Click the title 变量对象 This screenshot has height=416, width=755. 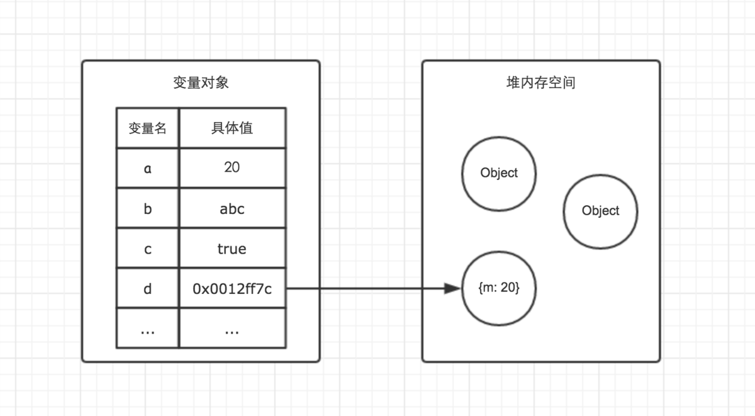(x=201, y=83)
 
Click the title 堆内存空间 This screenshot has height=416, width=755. (x=540, y=83)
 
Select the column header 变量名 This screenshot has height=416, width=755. (x=148, y=128)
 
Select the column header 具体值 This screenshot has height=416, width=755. (x=232, y=128)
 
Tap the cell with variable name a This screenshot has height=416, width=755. (x=148, y=168)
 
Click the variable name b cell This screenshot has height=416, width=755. (x=148, y=208)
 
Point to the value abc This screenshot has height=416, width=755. (x=232, y=208)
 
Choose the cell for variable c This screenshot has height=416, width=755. (x=148, y=249)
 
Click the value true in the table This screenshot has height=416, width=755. (x=232, y=249)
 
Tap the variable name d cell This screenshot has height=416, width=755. (x=148, y=289)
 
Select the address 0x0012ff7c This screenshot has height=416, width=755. (x=232, y=289)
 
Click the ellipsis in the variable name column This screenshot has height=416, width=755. (x=148, y=329)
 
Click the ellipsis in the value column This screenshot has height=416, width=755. (x=232, y=329)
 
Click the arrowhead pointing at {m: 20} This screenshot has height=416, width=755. (x=453, y=289)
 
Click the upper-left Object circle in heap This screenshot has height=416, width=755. (x=499, y=173)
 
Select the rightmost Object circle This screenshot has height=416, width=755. (x=600, y=211)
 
